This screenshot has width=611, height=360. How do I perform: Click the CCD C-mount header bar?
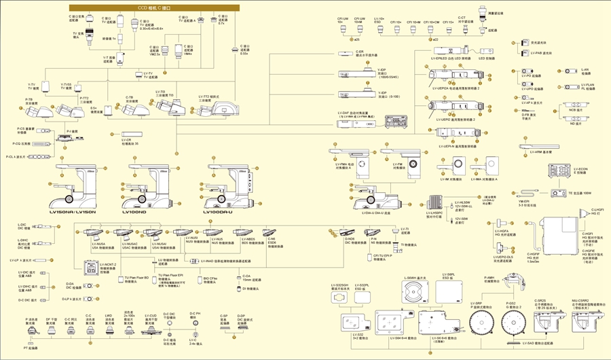pyautogui.click(x=155, y=7)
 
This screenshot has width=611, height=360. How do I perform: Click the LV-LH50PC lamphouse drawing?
pyautogui.click(x=435, y=202)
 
